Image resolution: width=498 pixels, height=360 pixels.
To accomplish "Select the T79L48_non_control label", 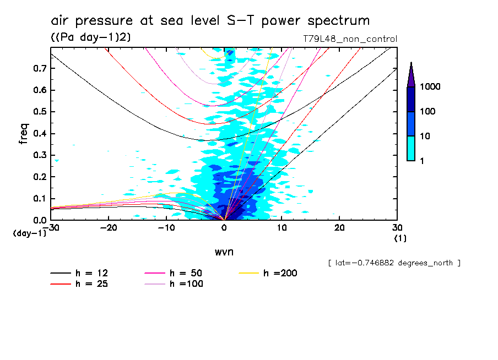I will tap(350, 39).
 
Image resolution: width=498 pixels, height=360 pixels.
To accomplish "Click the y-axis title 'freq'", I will tap(24, 134).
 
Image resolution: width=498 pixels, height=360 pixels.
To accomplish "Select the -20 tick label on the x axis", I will tap(109, 228).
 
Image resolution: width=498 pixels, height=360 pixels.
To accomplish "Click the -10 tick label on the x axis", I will tap(166, 228).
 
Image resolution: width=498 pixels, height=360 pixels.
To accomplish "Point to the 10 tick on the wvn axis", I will tap(282, 228).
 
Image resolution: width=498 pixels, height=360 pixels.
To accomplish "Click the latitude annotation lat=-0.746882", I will tap(394, 263).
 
